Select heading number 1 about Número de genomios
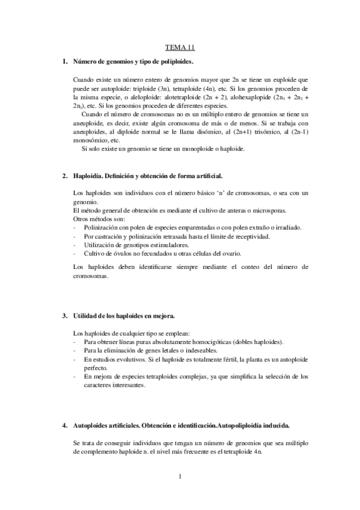(x=132, y=62)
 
